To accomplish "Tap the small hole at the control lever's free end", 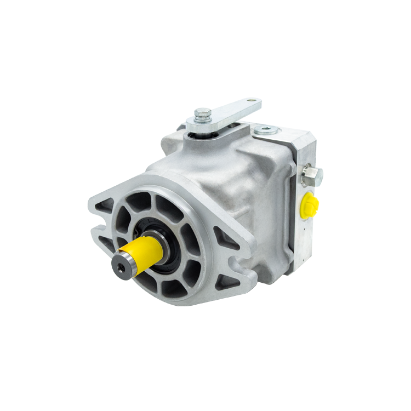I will (252, 101).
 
